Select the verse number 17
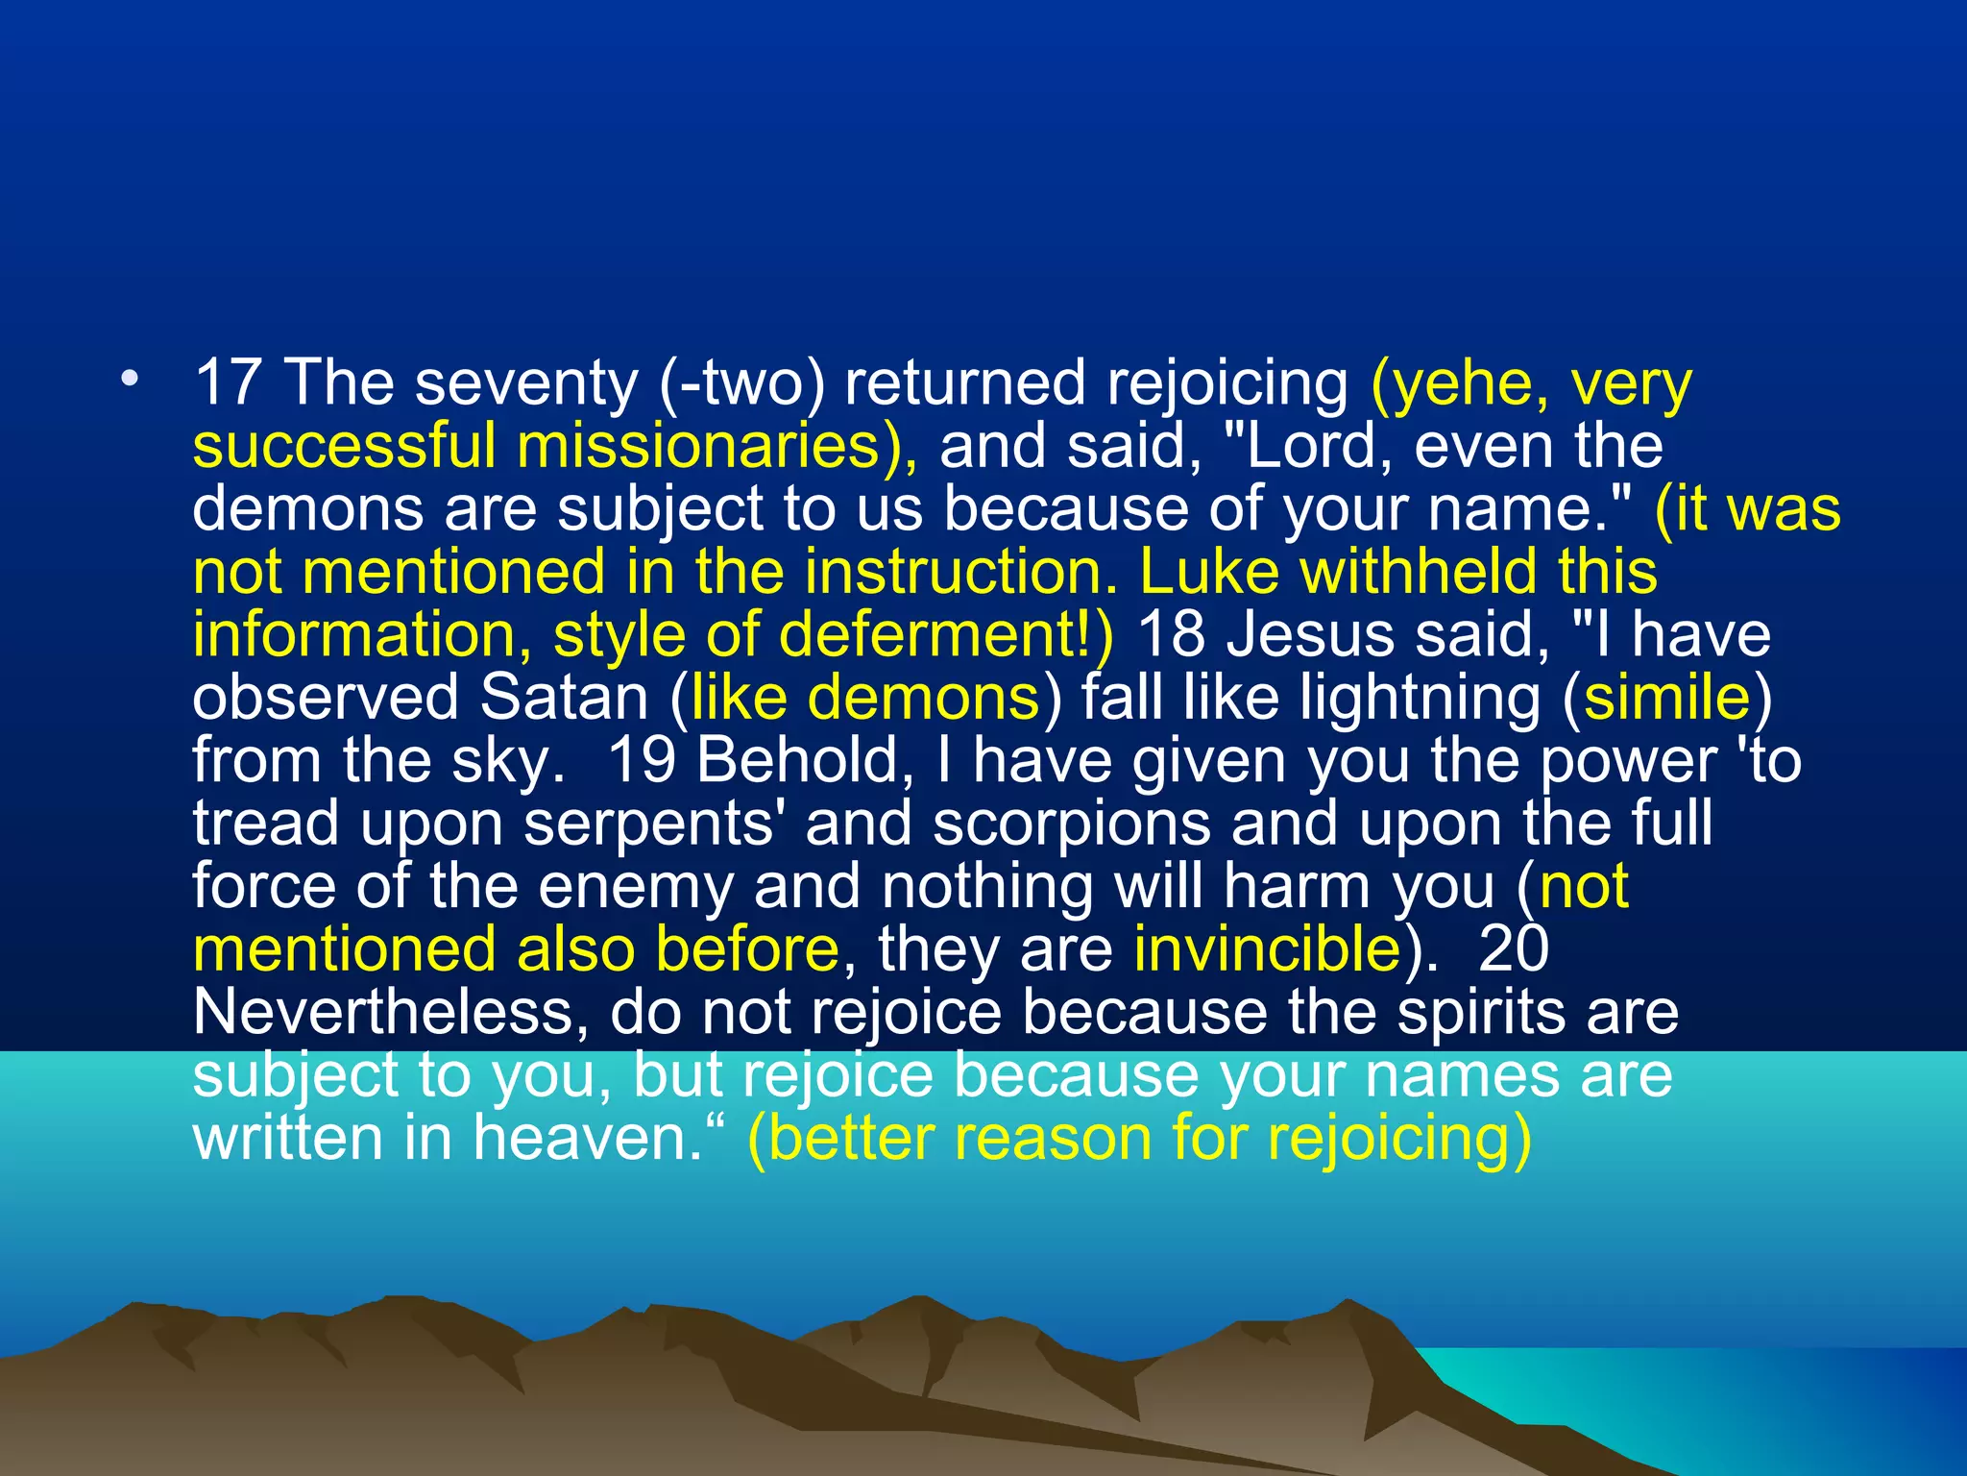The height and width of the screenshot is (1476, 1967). click(228, 382)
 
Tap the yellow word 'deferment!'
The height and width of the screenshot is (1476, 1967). click(947, 635)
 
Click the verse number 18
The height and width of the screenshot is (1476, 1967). click(1171, 635)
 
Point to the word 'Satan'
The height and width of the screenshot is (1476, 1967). click(565, 698)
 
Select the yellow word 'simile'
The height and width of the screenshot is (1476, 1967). click(1667, 698)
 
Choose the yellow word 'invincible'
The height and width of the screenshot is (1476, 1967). click(1267, 949)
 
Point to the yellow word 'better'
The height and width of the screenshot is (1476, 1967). click(851, 1139)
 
